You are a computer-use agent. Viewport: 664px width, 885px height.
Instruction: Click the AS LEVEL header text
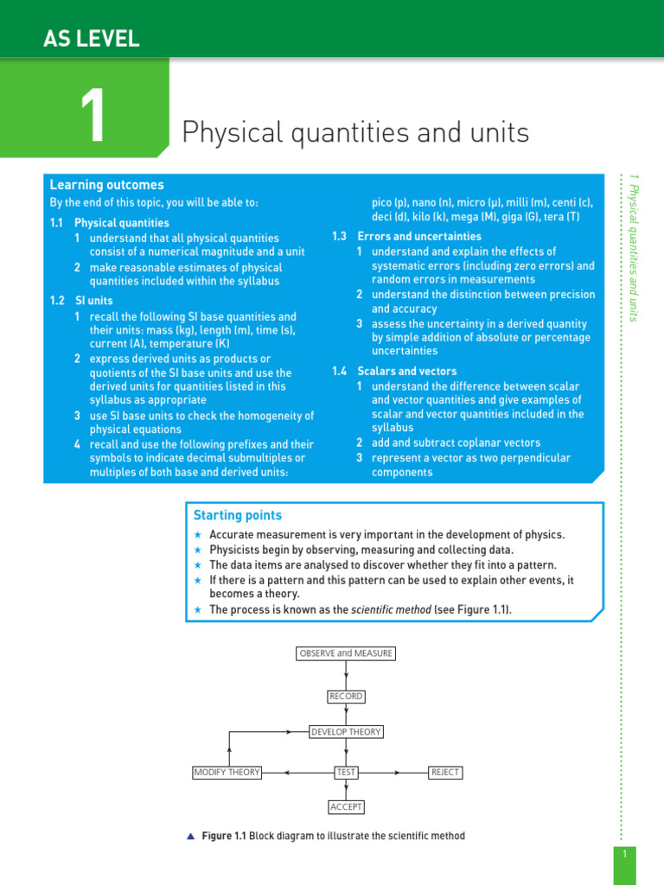pos(91,38)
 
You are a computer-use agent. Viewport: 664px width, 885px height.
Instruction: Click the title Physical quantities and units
pos(354,133)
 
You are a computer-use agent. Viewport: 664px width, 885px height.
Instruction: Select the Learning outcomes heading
pos(106,185)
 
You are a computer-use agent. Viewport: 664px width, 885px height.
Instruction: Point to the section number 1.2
pos(58,301)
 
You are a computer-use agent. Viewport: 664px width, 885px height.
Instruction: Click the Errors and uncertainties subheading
pos(419,236)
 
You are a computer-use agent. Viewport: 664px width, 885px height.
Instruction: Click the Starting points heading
pos(238,515)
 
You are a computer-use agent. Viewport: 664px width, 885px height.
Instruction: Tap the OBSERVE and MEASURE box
pos(346,653)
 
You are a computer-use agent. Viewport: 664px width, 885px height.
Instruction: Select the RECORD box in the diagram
pos(346,697)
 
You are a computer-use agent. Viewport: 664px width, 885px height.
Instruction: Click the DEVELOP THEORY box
pos(346,732)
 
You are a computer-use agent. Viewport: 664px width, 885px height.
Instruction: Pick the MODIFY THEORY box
pos(227,772)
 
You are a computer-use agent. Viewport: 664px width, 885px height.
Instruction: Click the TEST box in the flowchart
pos(346,772)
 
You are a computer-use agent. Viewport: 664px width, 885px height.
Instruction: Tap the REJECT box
pos(445,772)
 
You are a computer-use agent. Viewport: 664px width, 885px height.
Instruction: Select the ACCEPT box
pos(346,807)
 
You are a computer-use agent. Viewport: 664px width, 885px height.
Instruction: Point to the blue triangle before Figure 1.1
pos(191,836)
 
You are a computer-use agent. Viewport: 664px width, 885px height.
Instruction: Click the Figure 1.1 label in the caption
pos(224,836)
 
